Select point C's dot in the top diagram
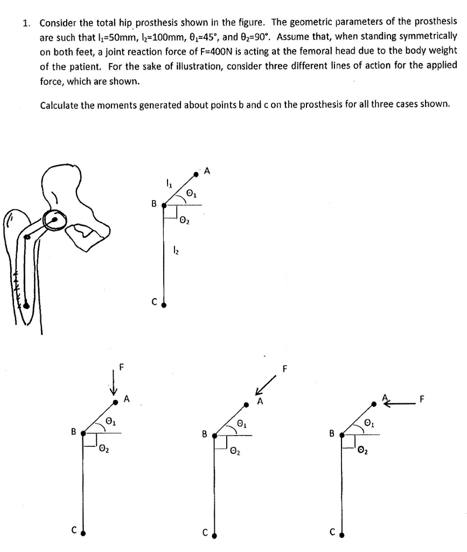pos(164,305)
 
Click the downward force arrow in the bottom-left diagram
pos(114,383)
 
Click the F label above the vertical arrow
pos(121,368)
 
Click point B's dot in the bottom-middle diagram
pos(214,435)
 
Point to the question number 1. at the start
pos(26,23)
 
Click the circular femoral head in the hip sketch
pos(55,219)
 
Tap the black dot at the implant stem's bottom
pos(26,305)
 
